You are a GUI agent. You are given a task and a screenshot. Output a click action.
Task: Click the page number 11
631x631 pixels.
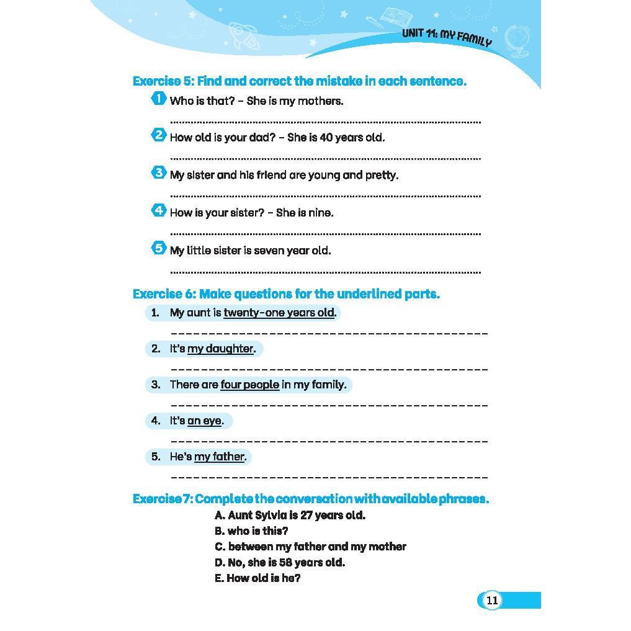(491, 600)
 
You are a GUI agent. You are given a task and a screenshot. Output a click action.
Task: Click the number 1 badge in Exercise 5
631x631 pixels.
(159, 98)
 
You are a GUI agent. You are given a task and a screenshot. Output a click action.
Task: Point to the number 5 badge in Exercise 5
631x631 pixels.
(159, 248)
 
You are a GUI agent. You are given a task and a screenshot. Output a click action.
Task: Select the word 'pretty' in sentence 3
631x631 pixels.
(382, 176)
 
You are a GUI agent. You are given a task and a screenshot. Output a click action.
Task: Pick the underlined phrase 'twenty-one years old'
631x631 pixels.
(279, 313)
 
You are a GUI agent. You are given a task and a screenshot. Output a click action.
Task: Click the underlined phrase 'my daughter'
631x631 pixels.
(220, 349)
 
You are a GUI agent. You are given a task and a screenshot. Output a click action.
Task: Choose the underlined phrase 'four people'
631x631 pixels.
(249, 385)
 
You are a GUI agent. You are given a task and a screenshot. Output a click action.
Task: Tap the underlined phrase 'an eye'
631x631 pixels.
(204, 421)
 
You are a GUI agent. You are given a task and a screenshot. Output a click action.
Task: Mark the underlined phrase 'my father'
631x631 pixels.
(219, 457)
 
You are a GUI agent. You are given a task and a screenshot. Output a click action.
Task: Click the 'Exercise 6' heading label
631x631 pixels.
(164, 294)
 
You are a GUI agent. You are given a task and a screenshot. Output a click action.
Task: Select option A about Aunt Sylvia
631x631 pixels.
(290, 515)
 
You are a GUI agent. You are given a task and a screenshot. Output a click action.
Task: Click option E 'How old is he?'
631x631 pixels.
(257, 578)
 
